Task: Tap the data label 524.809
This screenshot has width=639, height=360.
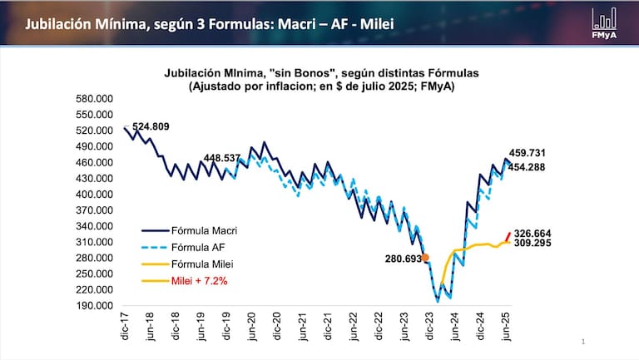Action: point(151,127)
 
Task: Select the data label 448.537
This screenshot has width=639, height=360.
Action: point(221,156)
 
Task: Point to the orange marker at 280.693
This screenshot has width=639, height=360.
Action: point(425,258)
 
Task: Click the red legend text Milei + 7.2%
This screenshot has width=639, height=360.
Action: point(199,281)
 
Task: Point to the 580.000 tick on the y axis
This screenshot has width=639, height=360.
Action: point(95,99)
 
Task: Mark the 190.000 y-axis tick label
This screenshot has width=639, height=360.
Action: point(95,305)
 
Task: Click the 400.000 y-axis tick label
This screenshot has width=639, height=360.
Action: point(95,195)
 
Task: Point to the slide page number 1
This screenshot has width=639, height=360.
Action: point(584,342)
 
